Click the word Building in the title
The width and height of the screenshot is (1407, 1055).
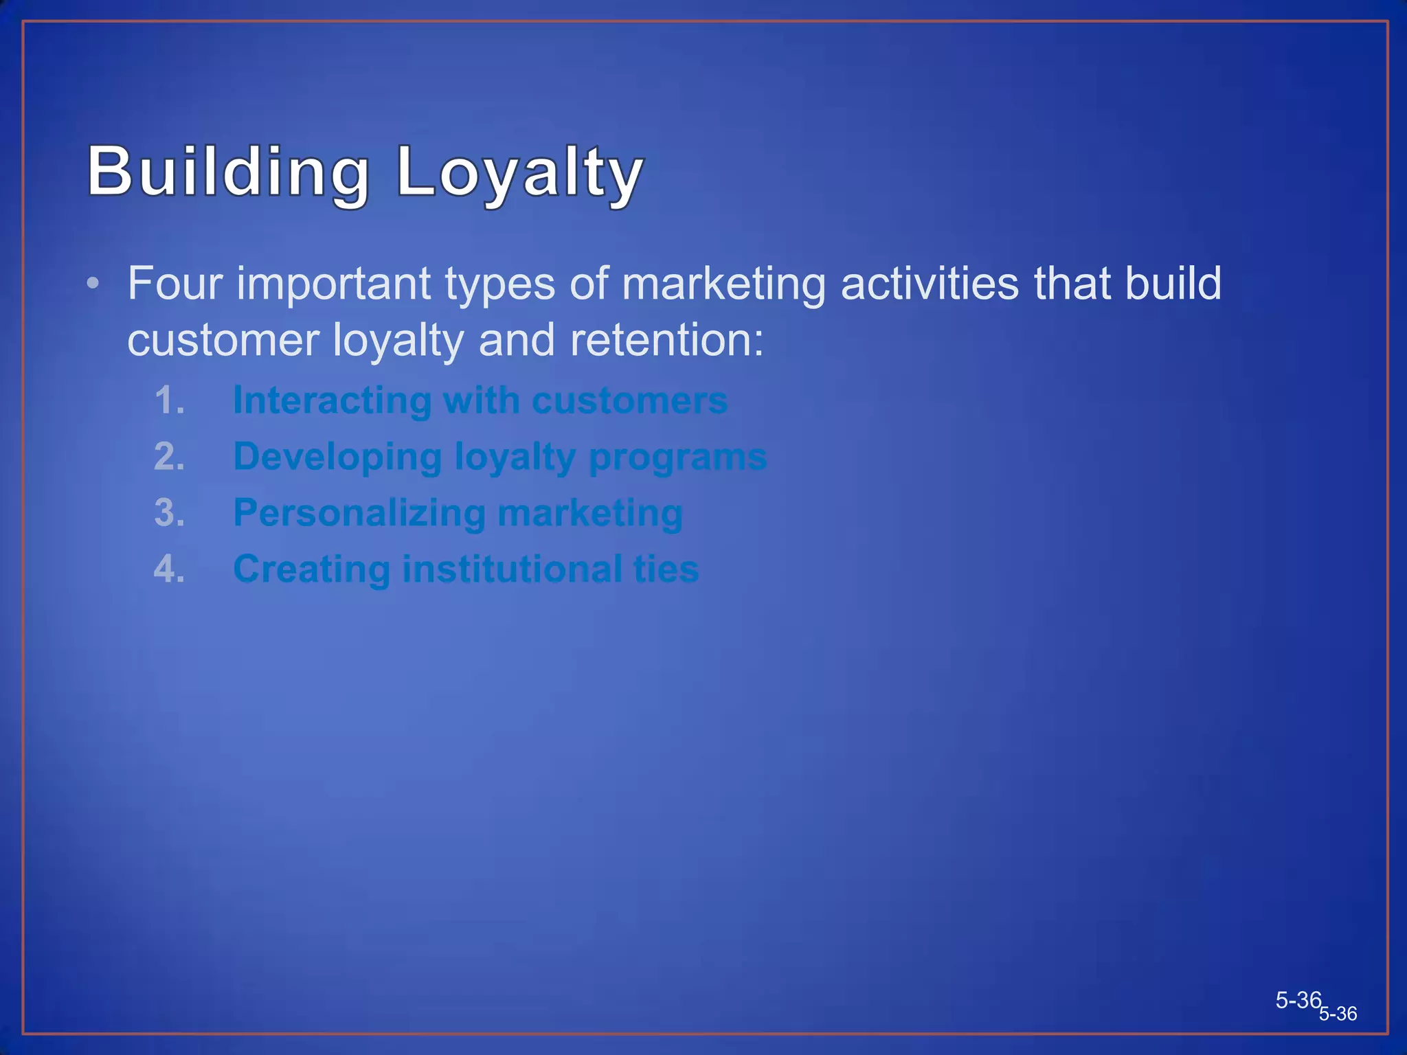click(x=228, y=172)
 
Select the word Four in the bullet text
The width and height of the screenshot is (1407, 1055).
click(x=175, y=283)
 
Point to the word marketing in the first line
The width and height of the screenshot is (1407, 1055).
click(x=723, y=284)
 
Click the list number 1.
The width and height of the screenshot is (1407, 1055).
click(x=169, y=400)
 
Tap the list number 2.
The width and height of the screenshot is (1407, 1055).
click(x=169, y=457)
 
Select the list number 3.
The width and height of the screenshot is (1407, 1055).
click(x=169, y=513)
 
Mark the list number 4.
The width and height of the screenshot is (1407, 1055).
click(x=169, y=569)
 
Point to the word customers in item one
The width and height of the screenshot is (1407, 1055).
click(x=629, y=401)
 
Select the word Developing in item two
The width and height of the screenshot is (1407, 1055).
click(x=337, y=457)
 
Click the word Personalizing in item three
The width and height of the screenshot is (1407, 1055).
click(x=359, y=514)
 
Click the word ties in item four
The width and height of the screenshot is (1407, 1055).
click(x=666, y=569)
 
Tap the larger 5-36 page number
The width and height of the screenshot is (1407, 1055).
click(x=1298, y=1000)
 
